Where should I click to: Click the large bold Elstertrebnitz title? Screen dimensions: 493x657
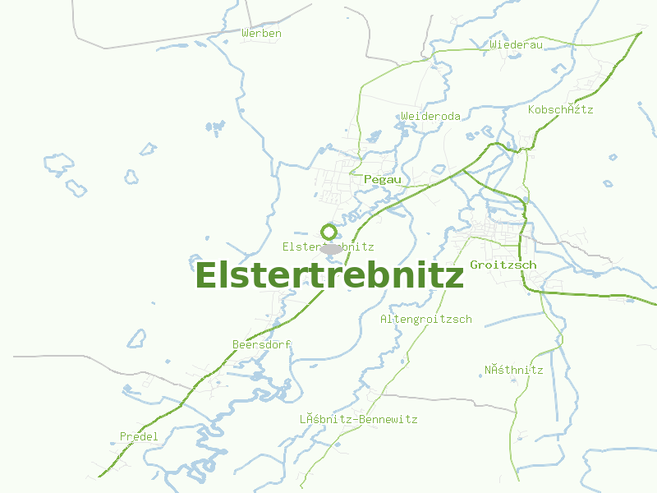[x=329, y=276]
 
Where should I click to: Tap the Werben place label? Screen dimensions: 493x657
[x=262, y=34]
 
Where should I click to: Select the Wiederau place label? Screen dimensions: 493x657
[x=516, y=44]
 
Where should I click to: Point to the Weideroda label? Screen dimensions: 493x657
[x=430, y=117]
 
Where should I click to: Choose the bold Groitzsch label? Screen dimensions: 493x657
[x=503, y=265]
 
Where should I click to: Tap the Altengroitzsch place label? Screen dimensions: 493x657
[x=425, y=319]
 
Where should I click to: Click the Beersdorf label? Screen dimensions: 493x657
[x=262, y=344]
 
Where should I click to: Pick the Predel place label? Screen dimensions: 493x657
[x=139, y=436]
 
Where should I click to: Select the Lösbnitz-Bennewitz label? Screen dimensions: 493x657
[x=358, y=420]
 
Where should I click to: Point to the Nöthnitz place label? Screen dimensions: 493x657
[x=513, y=370]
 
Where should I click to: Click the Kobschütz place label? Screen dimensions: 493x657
[x=560, y=109]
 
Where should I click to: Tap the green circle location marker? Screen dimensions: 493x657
[x=328, y=232]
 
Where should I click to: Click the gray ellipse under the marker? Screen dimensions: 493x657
[x=330, y=247]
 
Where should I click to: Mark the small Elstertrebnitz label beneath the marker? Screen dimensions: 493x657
[x=328, y=246]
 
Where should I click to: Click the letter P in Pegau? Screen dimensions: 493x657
[x=366, y=179]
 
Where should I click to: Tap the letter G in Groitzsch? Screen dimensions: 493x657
[x=474, y=265]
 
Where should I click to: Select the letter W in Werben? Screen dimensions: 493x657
[x=246, y=34]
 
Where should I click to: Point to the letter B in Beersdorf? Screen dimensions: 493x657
[x=236, y=344]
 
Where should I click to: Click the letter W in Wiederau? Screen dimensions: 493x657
[x=493, y=44]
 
